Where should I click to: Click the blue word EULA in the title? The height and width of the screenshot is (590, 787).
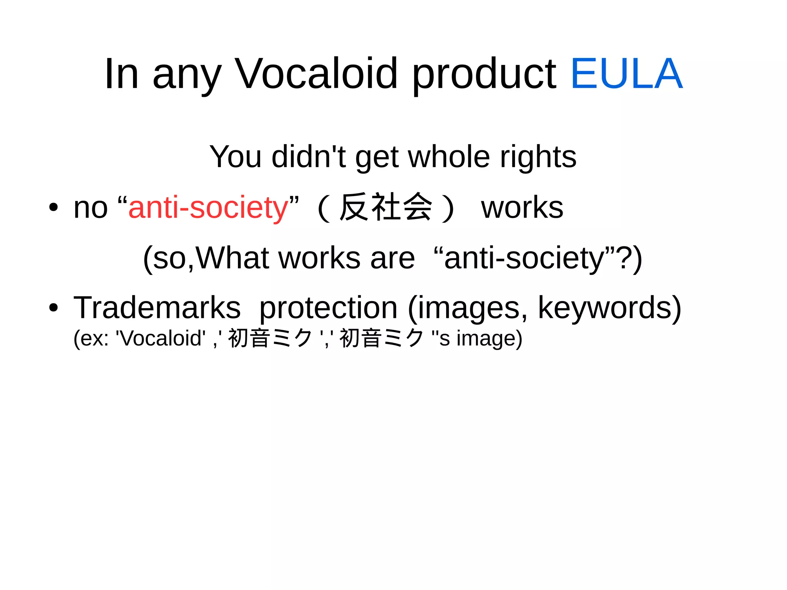point(626,74)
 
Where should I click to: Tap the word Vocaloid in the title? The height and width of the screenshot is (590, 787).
point(316,74)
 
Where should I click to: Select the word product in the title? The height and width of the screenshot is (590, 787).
point(484,75)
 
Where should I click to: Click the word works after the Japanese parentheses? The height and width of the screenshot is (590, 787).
point(522,208)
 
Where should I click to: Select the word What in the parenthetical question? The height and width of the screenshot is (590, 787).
point(232,258)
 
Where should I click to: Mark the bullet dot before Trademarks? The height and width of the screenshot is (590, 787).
point(53,308)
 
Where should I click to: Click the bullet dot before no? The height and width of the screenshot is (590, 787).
point(53,208)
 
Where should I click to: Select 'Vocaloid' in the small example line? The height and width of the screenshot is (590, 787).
point(161,338)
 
